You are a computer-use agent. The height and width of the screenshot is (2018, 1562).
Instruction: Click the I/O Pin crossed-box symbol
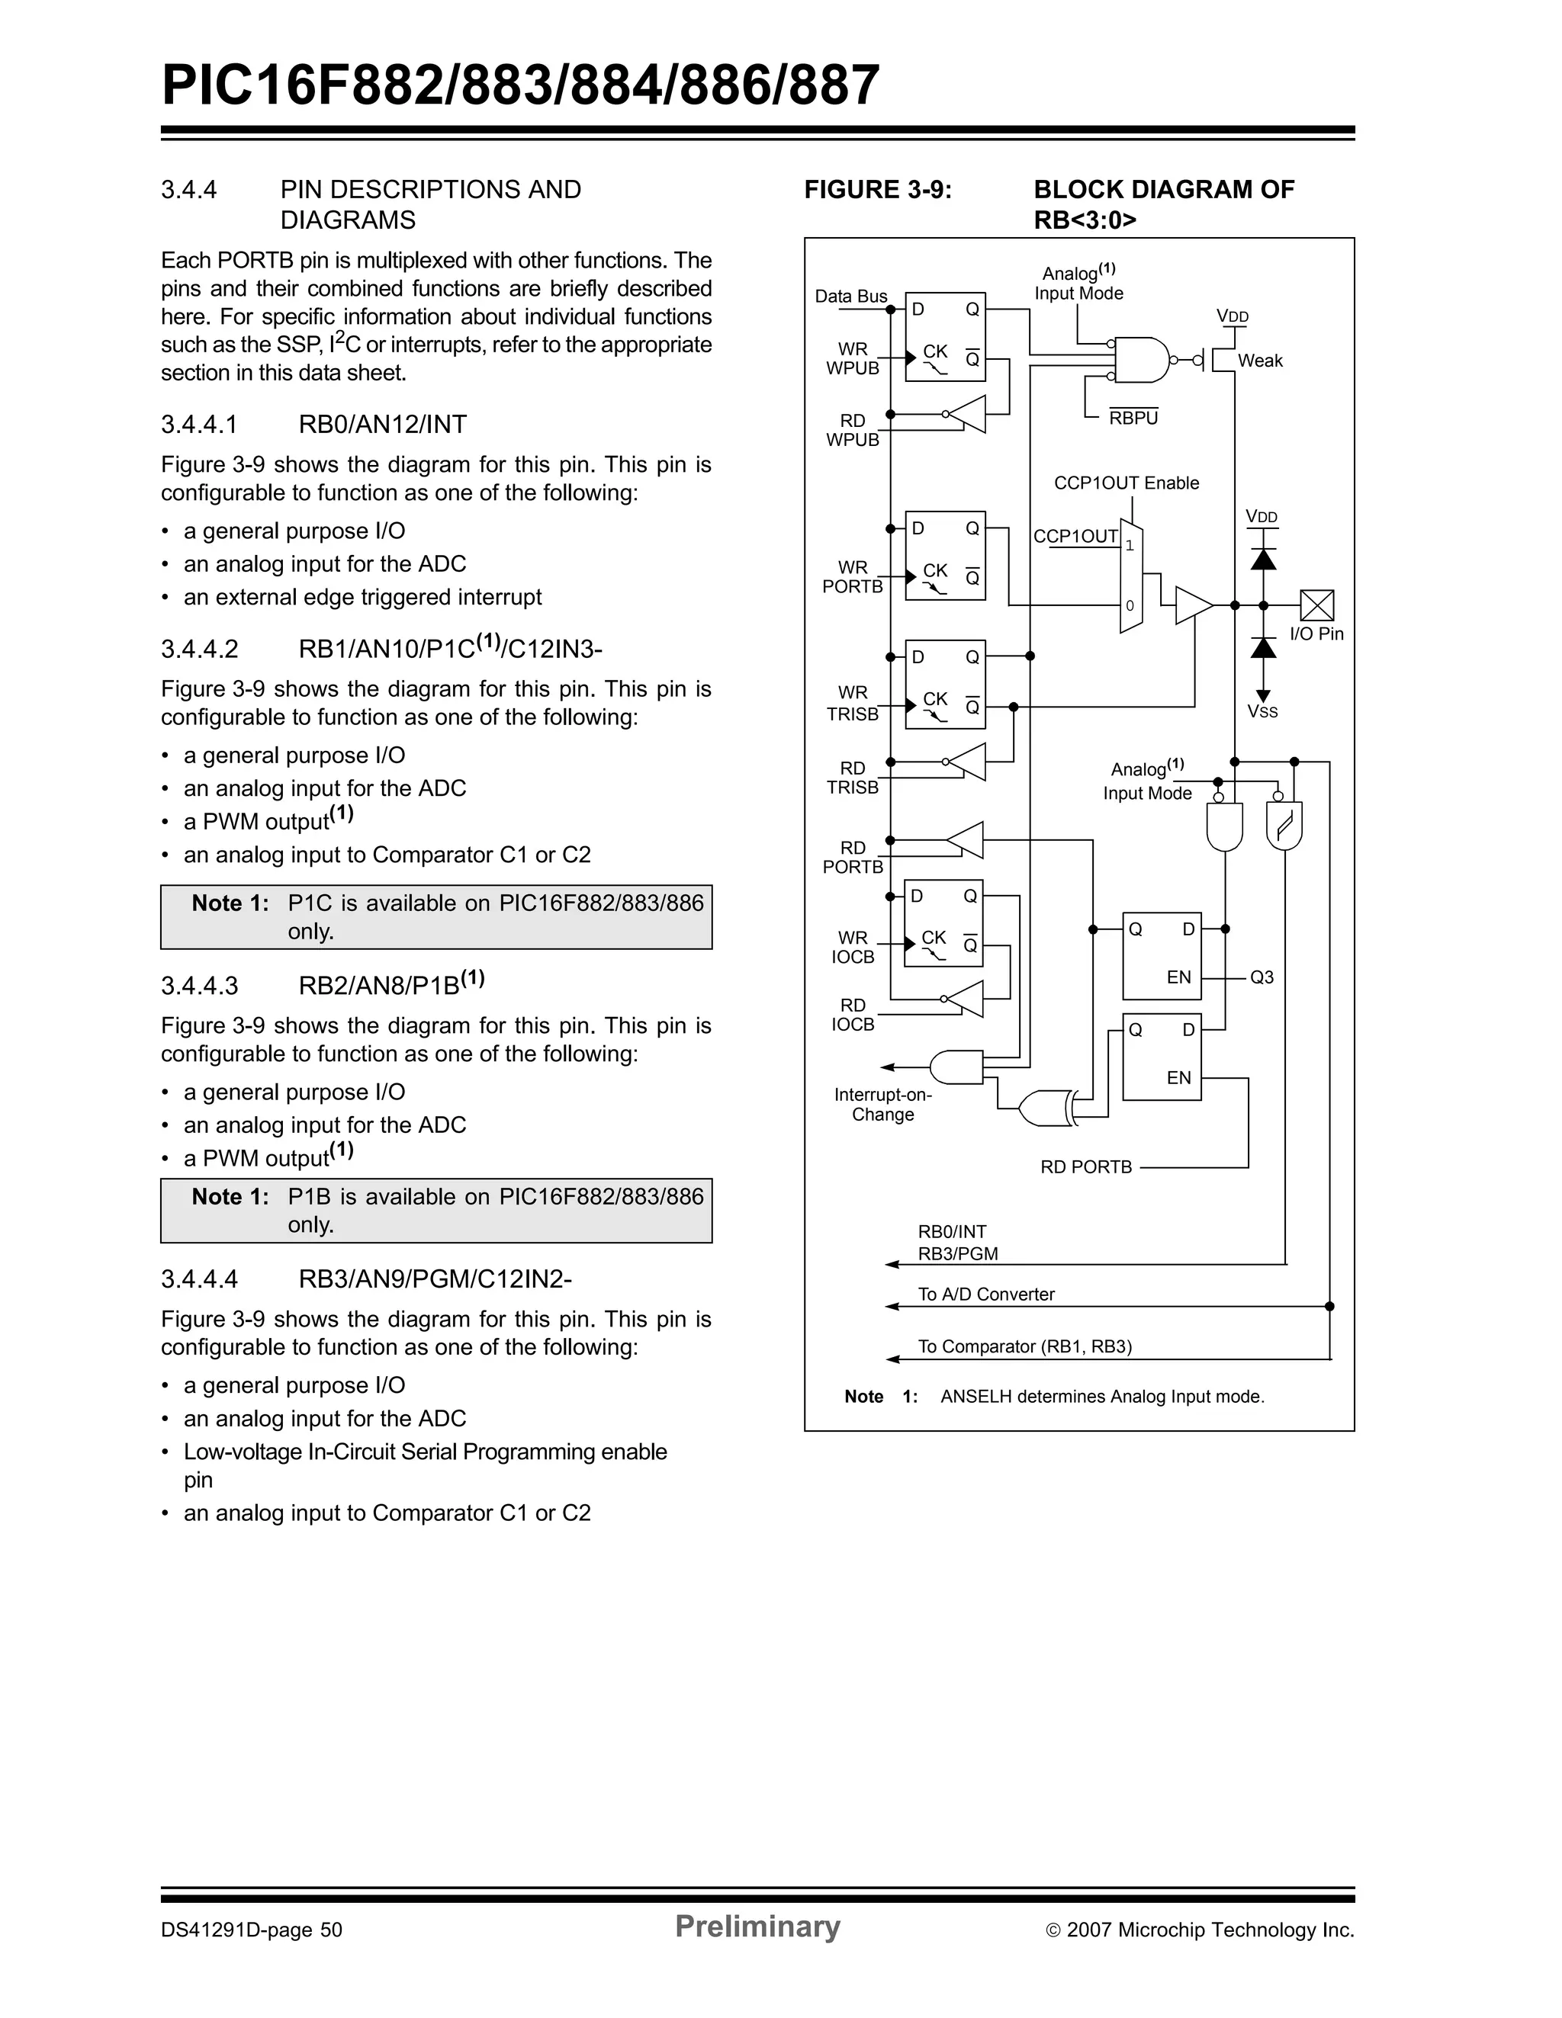coord(1316,605)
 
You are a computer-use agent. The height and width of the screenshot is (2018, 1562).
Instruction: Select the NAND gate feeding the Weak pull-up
coord(1143,359)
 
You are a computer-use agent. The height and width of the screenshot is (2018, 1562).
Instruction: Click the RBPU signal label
coord(1133,418)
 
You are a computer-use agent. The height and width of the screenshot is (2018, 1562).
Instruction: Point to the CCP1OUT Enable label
coord(1126,483)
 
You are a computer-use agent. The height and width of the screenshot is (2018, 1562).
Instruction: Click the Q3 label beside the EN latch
coord(1261,977)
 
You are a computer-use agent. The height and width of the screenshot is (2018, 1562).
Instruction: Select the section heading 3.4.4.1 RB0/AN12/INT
coord(313,424)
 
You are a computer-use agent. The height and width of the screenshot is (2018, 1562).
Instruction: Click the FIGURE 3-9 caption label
coord(877,189)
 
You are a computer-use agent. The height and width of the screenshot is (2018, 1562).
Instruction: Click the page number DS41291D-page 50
coord(252,1930)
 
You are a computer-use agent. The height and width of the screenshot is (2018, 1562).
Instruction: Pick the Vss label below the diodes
coord(1261,711)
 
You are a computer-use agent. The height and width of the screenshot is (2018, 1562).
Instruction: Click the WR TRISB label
coord(852,703)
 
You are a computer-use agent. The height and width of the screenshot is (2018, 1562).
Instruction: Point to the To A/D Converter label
coord(985,1295)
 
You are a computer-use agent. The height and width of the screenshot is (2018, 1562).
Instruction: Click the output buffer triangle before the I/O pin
coord(1192,605)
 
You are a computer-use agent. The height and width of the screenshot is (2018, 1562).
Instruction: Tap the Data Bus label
coord(850,296)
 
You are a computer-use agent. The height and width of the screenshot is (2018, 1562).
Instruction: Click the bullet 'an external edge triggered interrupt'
coord(362,597)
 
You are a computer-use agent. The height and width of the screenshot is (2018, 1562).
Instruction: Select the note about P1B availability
coord(436,1211)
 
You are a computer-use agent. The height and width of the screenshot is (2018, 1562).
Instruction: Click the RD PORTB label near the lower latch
coord(1085,1167)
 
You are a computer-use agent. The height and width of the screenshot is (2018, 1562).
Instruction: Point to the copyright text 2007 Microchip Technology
coord(1200,1930)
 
